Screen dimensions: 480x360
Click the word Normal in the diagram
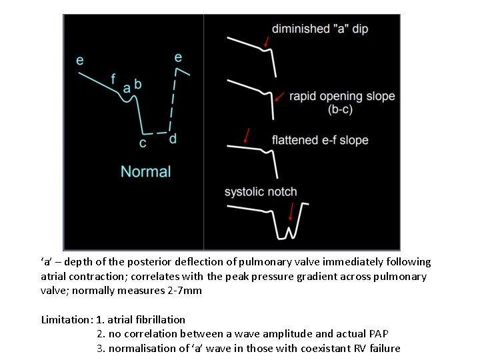tap(145, 171)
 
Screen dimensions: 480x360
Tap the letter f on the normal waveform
tap(114, 77)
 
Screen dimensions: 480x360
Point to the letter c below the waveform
tap(143, 143)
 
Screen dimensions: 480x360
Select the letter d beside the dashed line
tap(173, 139)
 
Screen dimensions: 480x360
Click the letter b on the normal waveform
tap(137, 85)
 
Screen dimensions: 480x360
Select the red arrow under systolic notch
tap(291, 212)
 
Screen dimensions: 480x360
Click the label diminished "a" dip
tap(320, 29)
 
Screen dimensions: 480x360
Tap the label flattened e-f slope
tap(320, 140)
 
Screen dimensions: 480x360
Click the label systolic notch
tap(261, 192)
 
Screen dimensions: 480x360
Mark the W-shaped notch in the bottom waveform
tap(288, 231)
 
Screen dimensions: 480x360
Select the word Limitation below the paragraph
tap(65, 319)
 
